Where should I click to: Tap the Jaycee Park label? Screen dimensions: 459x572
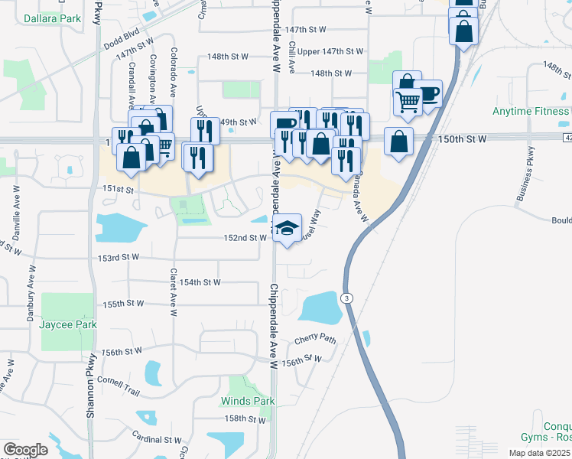click(x=68, y=324)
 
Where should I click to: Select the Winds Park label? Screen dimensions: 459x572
click(x=248, y=401)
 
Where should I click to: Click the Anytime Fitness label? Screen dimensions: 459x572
click(x=531, y=111)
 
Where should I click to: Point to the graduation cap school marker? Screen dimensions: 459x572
click(x=287, y=228)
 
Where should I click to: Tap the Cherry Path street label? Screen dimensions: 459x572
click(x=315, y=338)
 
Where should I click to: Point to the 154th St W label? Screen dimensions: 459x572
click(x=200, y=282)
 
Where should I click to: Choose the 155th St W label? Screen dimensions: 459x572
click(x=124, y=304)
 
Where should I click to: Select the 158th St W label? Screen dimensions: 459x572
click(x=244, y=419)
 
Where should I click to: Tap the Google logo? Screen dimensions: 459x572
click(x=24, y=449)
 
